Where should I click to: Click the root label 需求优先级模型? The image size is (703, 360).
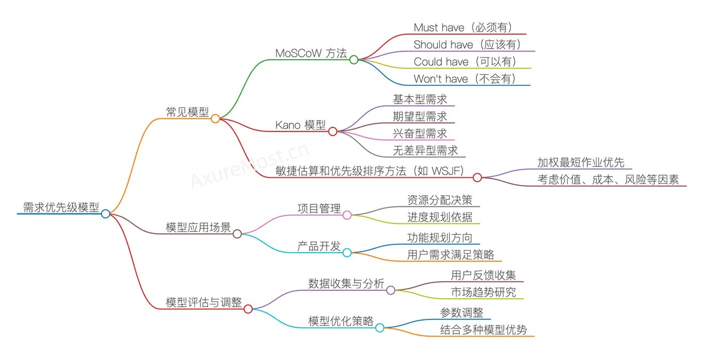(61, 207)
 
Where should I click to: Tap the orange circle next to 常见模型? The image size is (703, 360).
(215, 118)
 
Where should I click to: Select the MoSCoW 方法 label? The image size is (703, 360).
(311, 53)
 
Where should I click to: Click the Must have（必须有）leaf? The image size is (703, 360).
(462, 28)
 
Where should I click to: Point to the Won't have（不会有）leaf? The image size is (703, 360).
(464, 79)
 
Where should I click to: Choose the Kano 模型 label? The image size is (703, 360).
(301, 125)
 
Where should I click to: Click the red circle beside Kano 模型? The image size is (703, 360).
(332, 132)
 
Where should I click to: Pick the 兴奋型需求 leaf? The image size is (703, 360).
(420, 134)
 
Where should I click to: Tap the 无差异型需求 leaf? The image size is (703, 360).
(425, 151)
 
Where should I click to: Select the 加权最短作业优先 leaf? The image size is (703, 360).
(580, 163)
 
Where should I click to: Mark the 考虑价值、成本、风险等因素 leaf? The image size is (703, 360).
(608, 180)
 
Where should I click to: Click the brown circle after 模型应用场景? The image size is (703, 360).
(237, 233)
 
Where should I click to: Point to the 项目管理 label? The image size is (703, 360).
(319, 208)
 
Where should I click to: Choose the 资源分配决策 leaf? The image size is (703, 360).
(440, 200)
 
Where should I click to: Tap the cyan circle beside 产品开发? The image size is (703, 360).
(347, 253)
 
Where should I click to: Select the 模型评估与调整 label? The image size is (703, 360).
(204, 303)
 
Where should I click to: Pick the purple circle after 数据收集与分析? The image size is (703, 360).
(391, 290)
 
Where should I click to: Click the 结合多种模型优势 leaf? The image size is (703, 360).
(484, 329)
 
